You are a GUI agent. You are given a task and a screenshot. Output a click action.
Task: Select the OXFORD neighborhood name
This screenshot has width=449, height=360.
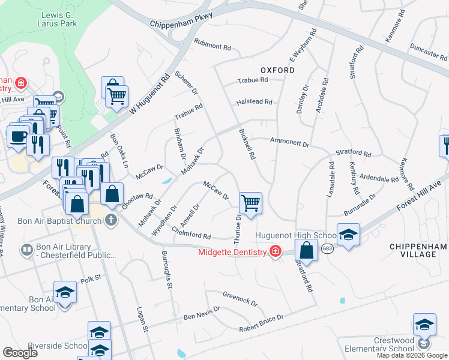pos(277,70)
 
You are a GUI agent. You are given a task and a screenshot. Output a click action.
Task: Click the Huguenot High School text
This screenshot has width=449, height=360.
pos(295,235)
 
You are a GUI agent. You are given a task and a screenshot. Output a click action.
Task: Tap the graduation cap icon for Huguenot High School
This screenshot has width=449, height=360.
pos(348,235)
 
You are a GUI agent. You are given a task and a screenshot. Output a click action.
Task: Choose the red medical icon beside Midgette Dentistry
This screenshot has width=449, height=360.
pos(275,251)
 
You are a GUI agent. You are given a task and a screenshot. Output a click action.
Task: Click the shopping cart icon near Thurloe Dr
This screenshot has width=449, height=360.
pos(250,202)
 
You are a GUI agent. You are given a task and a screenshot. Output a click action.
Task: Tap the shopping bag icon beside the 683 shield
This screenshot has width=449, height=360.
pos(306,250)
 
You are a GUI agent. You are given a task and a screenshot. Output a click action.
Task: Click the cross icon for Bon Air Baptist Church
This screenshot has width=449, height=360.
pos(110,220)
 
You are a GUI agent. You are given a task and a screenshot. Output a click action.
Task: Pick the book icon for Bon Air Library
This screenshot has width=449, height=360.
pos(26,249)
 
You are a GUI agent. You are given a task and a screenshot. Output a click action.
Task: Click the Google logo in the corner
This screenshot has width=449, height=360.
pos(20,353)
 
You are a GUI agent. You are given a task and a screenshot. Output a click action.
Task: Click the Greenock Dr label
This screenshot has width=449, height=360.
pos(240,298)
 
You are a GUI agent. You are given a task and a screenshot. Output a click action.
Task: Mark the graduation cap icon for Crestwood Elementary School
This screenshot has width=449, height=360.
pos(424,325)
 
